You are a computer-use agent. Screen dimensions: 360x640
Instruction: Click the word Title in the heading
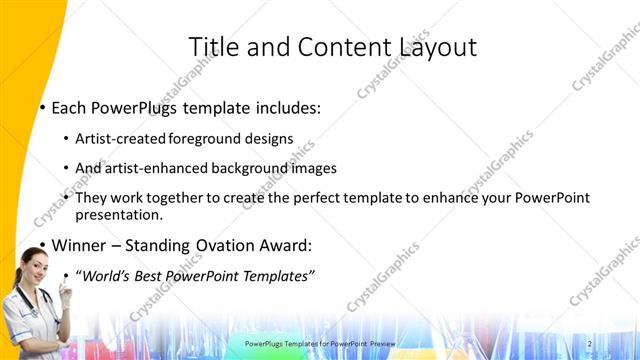point(213,46)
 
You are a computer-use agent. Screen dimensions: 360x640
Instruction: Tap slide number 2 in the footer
point(589,344)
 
